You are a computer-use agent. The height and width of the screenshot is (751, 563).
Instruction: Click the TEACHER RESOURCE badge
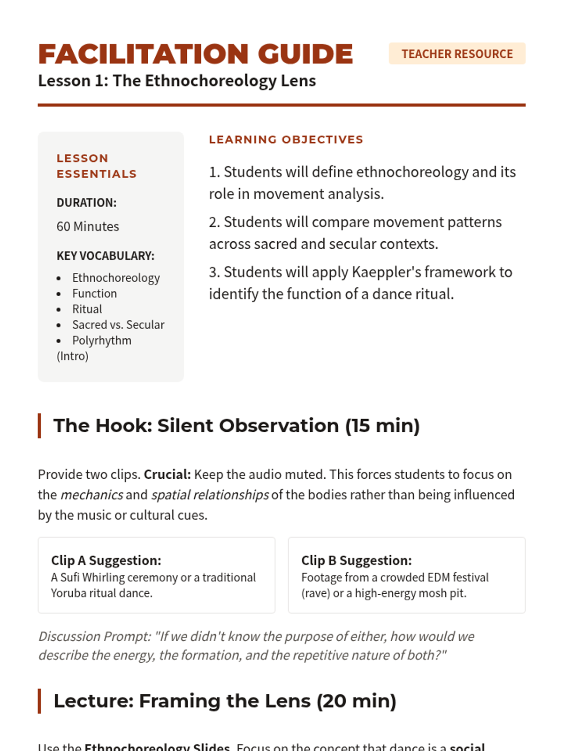457,54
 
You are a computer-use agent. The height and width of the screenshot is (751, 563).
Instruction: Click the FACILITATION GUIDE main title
195,54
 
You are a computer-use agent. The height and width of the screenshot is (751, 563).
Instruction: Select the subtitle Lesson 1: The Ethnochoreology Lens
177,81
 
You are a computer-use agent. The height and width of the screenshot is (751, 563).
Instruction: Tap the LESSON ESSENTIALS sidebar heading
96,166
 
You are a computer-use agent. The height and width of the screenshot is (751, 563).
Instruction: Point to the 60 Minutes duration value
88,227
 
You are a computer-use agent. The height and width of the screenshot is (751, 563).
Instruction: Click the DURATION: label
86,203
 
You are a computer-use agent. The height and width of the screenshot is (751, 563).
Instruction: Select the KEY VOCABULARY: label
105,256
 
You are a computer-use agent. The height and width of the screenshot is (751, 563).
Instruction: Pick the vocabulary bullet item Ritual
87,309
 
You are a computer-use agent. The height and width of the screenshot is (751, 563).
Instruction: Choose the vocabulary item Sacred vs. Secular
118,325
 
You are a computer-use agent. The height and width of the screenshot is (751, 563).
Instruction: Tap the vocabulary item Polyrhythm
101,341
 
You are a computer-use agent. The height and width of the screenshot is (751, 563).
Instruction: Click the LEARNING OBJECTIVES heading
286,139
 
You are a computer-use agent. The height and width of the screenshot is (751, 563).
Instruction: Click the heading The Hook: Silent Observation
236,426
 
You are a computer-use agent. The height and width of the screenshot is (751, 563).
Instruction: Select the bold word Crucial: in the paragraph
167,475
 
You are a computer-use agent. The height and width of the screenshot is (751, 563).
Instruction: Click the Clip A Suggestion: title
106,560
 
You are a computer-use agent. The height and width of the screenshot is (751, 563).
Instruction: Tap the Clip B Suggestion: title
356,560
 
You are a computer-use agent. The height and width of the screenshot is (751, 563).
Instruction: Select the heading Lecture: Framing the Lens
225,701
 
